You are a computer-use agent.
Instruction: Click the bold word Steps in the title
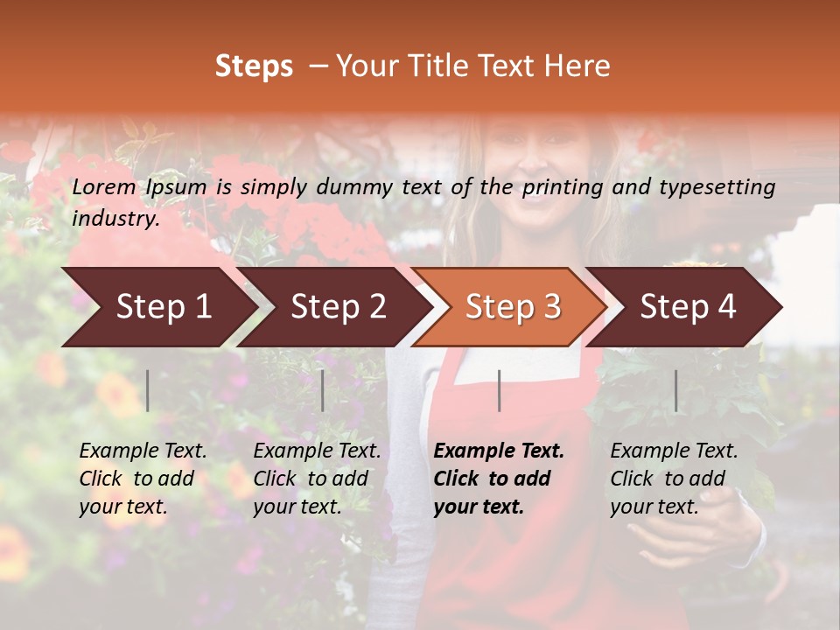coord(254,66)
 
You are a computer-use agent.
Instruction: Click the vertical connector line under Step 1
coord(148,390)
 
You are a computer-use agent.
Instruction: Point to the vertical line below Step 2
coord(323,390)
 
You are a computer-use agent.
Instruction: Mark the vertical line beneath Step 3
coord(499,390)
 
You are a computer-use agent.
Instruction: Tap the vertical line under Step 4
coord(675,390)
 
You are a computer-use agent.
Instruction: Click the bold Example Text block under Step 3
coord(499,479)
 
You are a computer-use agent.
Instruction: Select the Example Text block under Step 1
coord(143,479)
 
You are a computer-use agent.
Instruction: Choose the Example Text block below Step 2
coord(317,479)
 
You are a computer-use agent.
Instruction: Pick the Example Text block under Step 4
coord(674,479)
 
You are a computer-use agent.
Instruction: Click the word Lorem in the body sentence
coord(104,186)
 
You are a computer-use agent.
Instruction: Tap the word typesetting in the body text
coord(723,186)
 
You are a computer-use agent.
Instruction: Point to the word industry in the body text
coord(115,219)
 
